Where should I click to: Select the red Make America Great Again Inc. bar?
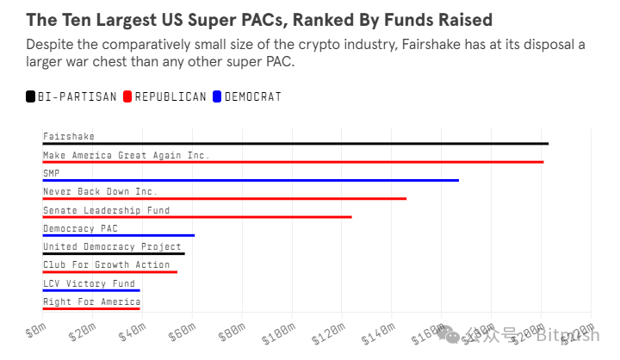pyautogui.click(x=293, y=161)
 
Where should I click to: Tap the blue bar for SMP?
pyautogui.click(x=251, y=180)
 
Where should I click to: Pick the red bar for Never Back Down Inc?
pyautogui.click(x=224, y=198)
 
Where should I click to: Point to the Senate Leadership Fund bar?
pyautogui.click(x=197, y=216)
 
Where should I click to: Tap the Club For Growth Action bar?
pyautogui.click(x=110, y=271)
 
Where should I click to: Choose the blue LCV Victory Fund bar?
pyautogui.click(x=91, y=289)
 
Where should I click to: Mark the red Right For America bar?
pyautogui.click(x=91, y=307)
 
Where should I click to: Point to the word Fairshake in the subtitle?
pyautogui.click(x=430, y=45)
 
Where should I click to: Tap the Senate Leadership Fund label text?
pyautogui.click(x=107, y=210)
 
